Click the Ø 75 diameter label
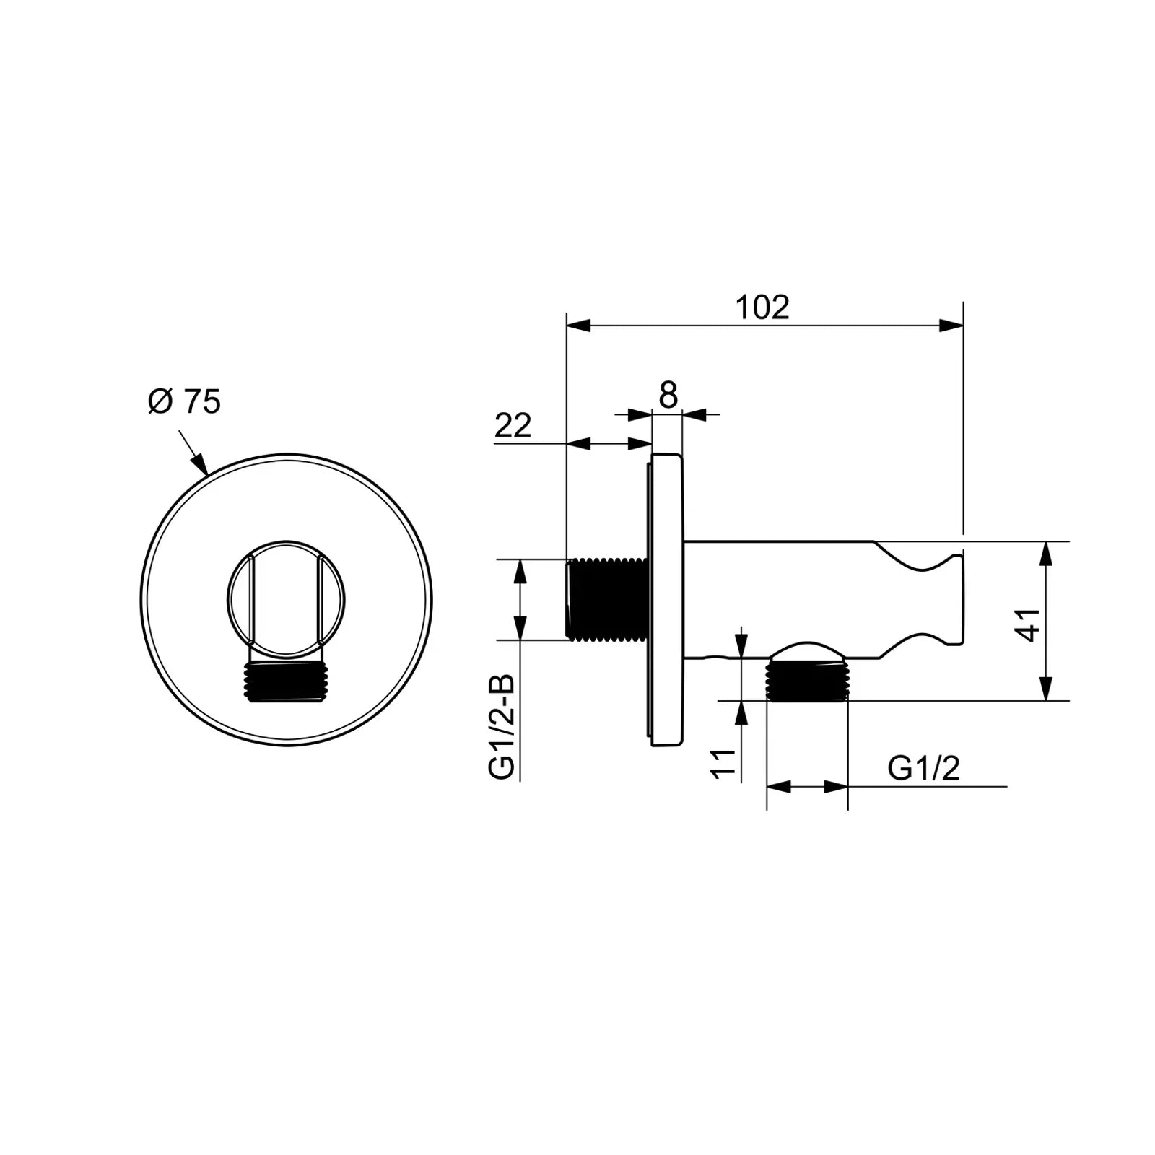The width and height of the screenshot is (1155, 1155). coord(184,401)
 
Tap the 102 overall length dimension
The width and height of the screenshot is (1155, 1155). coord(762,308)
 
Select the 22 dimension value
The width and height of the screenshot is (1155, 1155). coord(513,426)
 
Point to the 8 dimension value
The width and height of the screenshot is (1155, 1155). coord(668,395)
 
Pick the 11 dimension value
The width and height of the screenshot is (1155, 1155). coord(724,764)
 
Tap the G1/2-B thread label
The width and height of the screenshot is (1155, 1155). coord(502,727)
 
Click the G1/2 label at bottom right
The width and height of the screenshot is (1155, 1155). coord(923,768)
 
